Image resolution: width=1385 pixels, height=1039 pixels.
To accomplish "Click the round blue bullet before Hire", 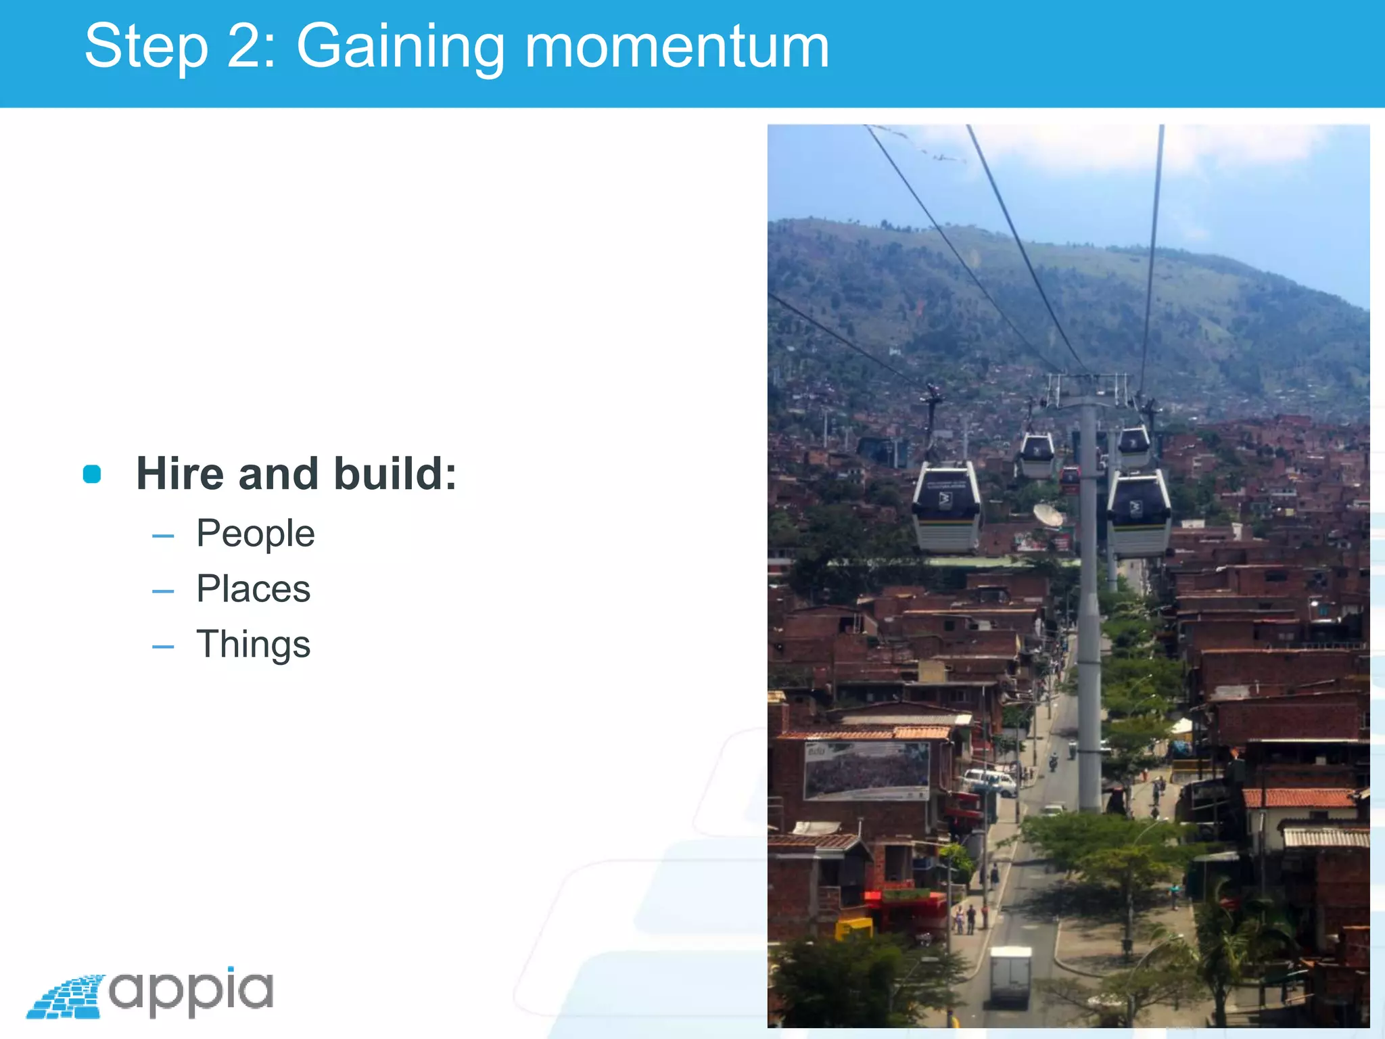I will (92, 474).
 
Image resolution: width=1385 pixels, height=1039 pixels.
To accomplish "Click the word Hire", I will (180, 474).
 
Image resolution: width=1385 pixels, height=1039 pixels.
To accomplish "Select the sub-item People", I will (255, 534).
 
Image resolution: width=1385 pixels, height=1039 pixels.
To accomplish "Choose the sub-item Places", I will (253, 588).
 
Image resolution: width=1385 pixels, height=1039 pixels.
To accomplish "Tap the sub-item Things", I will (253, 644).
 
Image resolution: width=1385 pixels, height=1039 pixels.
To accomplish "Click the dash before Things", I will (163, 647).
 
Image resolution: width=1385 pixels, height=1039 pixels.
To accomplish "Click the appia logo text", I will (191, 991).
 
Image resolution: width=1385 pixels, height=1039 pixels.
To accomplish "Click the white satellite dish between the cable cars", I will (1048, 515).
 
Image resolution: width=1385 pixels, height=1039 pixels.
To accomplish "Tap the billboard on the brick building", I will (866, 770).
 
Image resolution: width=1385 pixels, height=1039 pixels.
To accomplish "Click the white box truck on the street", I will (1010, 975).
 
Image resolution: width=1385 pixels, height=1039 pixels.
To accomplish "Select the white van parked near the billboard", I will (989, 782).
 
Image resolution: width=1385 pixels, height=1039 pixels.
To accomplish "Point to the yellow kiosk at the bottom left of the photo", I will (853, 929).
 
